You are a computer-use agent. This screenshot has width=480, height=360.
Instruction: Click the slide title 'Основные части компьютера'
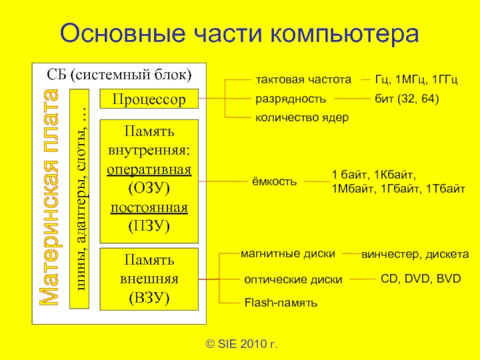click(x=239, y=34)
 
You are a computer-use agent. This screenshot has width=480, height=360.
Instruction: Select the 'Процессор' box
click(x=149, y=99)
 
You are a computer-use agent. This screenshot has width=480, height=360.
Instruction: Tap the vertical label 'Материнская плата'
click(x=50, y=198)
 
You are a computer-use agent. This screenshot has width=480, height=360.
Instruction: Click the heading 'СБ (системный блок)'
click(x=119, y=76)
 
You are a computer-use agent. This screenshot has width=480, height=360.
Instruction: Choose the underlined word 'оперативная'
click(x=149, y=169)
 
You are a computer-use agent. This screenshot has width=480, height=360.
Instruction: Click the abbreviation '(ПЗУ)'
click(x=149, y=226)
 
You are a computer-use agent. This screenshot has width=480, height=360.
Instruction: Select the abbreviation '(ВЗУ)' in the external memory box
click(x=149, y=297)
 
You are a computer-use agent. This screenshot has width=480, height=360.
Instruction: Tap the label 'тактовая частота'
click(x=302, y=79)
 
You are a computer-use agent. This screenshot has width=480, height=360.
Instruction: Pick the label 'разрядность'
click(x=291, y=98)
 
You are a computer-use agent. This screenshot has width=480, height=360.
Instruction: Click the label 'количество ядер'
click(x=302, y=118)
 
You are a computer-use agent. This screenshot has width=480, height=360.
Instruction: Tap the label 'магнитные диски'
click(x=287, y=254)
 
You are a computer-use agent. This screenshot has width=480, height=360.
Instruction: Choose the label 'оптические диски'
click(x=293, y=280)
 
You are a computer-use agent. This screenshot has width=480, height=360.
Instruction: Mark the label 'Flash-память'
click(x=280, y=303)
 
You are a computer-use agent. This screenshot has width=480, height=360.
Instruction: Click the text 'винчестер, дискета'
click(x=415, y=254)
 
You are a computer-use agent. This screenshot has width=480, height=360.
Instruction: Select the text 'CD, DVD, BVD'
click(x=421, y=279)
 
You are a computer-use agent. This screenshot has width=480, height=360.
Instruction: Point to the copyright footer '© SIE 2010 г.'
click(x=242, y=344)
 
